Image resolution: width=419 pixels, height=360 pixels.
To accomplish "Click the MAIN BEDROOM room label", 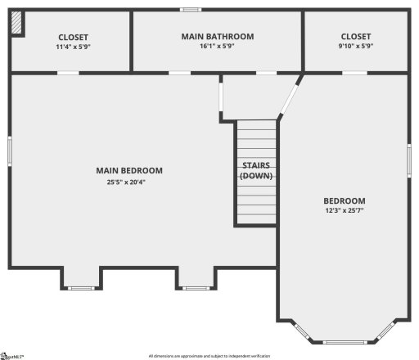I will [128, 171].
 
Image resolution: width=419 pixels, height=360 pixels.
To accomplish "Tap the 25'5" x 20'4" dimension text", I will [128, 182].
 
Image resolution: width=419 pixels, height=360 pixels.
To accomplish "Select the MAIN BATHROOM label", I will [217, 37].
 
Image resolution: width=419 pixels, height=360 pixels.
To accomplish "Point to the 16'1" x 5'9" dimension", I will [217, 47].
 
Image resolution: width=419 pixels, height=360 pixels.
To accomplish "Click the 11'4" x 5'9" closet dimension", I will [73, 47].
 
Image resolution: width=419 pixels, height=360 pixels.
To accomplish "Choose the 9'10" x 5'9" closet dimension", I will [355, 47].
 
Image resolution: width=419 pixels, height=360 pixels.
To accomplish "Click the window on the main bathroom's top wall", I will [191, 10].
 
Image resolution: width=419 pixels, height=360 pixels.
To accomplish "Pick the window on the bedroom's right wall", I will [408, 158].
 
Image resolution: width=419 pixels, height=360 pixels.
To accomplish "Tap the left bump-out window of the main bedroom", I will [80, 287].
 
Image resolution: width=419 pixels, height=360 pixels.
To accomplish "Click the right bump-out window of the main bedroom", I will [196, 287].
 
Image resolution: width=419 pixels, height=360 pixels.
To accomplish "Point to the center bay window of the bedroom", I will [342, 341].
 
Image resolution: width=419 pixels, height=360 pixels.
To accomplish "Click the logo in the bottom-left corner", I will [11, 356].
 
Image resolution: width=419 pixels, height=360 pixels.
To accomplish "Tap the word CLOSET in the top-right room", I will [355, 37].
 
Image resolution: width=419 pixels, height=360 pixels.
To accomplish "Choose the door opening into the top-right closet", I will [354, 73].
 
